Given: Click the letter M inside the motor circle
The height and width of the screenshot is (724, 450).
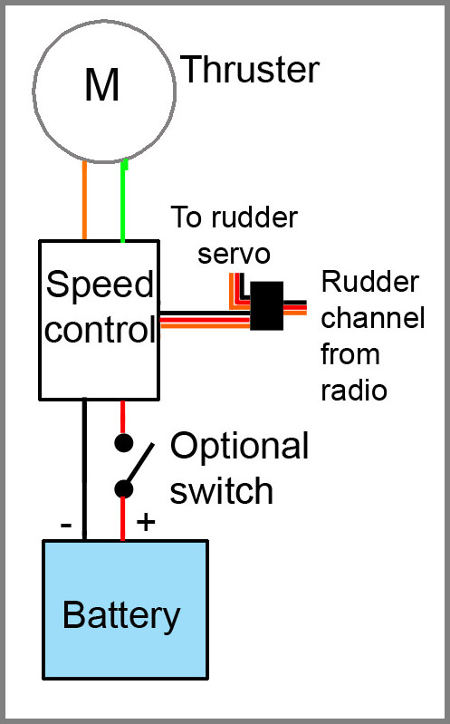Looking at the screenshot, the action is click(102, 83).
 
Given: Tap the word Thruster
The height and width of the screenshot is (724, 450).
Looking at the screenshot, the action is click(250, 69).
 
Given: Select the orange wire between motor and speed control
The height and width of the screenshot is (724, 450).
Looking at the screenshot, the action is click(84, 200).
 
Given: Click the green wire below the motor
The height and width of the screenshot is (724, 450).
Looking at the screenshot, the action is click(123, 200).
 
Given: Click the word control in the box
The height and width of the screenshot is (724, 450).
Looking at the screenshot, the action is click(101, 329).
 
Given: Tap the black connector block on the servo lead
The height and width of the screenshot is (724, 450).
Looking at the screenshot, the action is click(267, 305).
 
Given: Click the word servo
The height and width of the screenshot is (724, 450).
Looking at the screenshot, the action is click(234, 255).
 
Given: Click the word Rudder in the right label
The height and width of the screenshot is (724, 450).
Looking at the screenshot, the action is click(370, 281).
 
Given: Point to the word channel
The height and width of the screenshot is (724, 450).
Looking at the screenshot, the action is click(372, 318).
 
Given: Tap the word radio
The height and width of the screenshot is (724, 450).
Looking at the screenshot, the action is click(353, 391).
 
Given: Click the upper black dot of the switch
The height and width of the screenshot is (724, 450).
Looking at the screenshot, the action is click(123, 443).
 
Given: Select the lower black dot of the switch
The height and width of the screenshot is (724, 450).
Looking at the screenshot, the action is click(123, 489).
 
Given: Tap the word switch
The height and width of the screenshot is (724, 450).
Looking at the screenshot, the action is click(222, 490).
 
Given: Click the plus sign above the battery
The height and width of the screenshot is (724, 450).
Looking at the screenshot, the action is click(146, 522).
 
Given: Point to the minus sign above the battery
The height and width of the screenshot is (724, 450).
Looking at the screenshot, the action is click(66, 525).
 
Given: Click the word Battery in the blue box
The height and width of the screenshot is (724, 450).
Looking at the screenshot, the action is click(121, 616).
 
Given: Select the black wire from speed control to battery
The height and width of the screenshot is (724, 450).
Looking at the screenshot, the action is click(84, 469).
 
